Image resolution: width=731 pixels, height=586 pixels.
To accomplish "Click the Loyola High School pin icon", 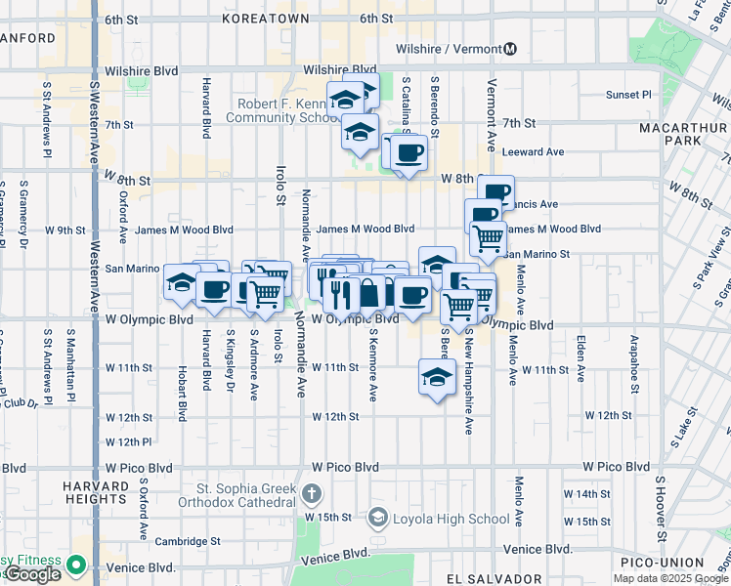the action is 377,517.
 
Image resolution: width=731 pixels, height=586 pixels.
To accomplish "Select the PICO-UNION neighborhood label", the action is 668,563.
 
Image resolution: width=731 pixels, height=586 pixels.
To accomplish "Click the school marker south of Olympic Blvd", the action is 437,377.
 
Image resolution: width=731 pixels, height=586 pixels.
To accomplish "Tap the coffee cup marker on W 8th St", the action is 409,153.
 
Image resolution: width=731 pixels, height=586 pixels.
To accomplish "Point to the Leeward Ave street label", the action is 533,152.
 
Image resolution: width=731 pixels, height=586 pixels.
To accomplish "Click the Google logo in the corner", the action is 32,574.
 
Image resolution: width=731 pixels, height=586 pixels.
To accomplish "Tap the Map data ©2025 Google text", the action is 670,578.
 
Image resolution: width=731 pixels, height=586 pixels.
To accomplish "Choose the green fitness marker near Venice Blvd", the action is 75,564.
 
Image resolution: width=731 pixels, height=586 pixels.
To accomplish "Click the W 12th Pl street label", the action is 128,441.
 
